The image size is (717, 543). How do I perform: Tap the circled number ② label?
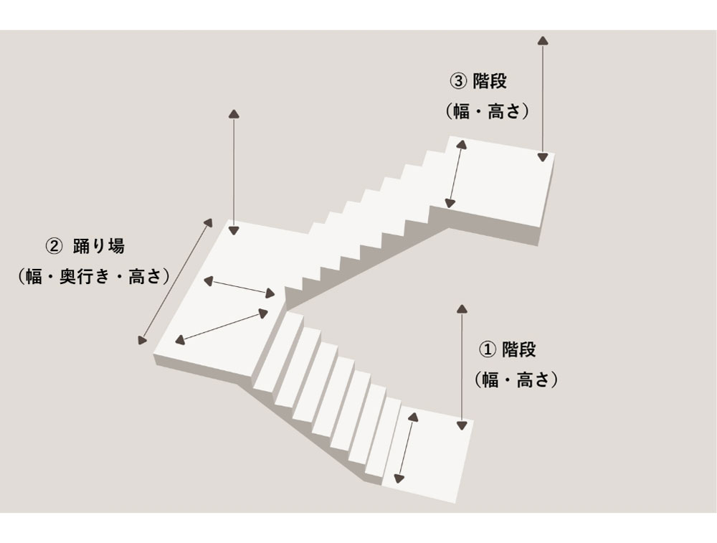coord(54,246)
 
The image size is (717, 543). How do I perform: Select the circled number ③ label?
coord(457,81)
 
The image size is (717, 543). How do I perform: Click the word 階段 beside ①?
coord(518,350)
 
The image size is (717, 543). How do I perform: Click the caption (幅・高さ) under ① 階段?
coord(516,380)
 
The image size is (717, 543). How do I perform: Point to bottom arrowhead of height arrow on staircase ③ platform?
coord(544,156)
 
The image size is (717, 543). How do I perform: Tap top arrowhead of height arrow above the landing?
coord(233,114)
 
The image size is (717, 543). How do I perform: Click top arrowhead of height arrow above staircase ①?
coord(462,309)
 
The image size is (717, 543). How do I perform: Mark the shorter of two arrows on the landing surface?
coord(239,286)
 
